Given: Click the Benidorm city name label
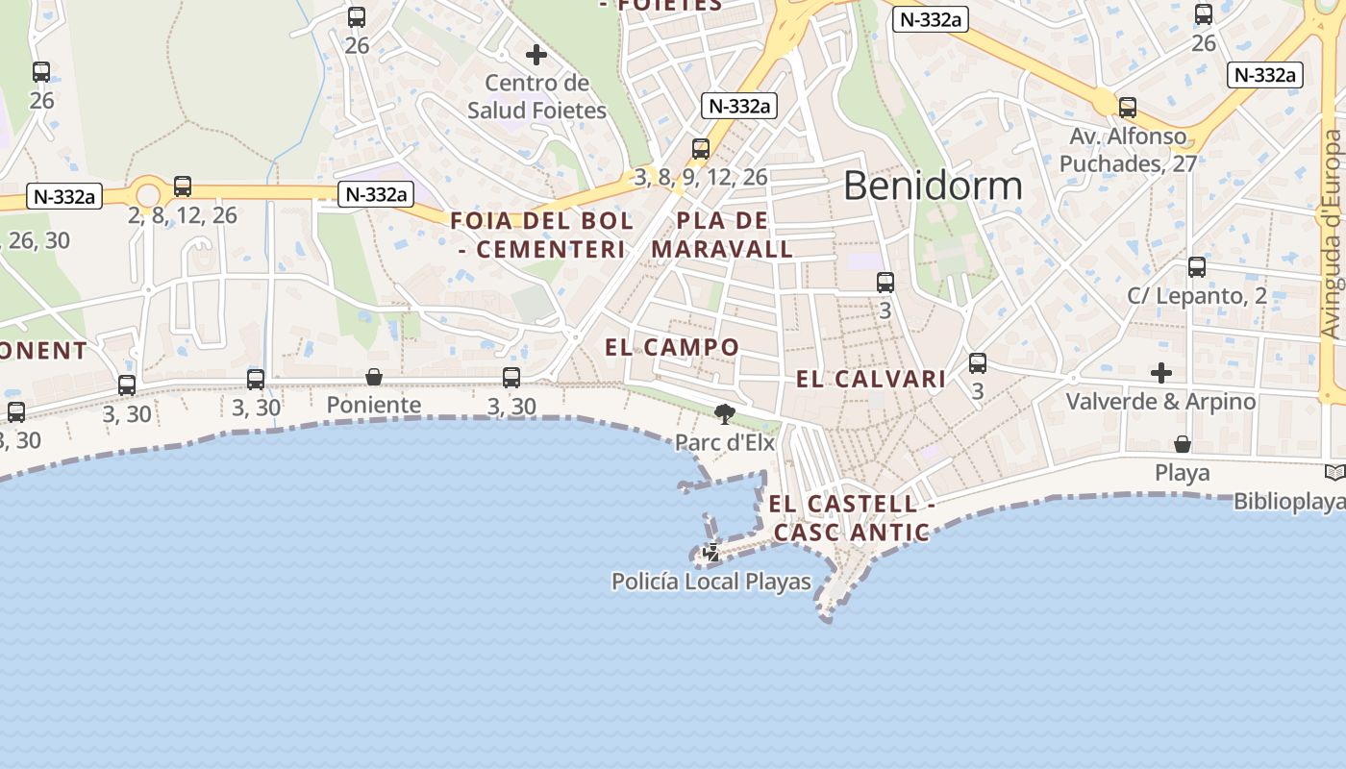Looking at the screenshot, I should (932, 186).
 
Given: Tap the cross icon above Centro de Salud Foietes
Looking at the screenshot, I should (536, 55).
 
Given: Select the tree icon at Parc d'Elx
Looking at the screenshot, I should (725, 414).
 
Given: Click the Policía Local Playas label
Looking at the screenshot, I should (711, 582).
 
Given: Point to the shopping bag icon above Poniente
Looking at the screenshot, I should (374, 377).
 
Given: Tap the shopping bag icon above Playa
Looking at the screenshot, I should (1182, 444).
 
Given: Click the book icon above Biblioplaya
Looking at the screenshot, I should (1334, 472).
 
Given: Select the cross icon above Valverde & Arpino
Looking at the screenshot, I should (1161, 373).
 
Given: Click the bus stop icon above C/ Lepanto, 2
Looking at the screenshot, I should (1197, 267).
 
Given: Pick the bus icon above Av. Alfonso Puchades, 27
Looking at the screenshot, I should (1128, 108).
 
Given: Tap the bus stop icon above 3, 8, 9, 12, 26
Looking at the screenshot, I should (701, 149).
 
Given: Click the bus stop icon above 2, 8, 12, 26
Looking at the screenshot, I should (183, 186).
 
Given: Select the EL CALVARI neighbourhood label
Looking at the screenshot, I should (871, 380).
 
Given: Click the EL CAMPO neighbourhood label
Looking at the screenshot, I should (672, 348).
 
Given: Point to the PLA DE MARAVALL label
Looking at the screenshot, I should (723, 236).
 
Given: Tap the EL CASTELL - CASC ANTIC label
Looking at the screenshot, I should (851, 518).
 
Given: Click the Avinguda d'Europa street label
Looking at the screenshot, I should (1331, 234).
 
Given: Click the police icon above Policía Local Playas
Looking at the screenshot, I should (711, 553).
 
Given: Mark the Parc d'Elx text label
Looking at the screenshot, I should (725, 443).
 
